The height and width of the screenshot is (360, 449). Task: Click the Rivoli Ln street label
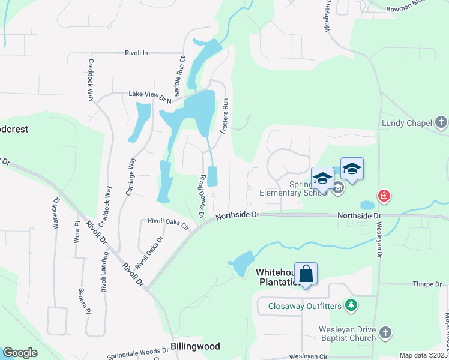[137, 53]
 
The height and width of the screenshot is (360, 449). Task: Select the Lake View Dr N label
[150, 95]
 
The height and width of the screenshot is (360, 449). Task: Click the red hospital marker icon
[384, 196]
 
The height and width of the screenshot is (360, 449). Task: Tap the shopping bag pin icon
[306, 274]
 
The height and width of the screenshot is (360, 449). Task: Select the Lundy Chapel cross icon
[441, 124]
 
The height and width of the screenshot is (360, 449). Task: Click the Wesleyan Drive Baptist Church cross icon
[385, 332]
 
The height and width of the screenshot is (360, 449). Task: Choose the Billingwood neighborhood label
[195, 346]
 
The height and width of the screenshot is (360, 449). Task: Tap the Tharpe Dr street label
[427, 283]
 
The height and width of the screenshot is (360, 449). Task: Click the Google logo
[20, 353]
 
